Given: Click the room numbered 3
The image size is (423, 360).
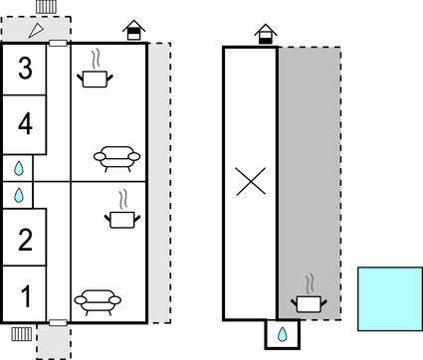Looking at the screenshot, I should point(25,70).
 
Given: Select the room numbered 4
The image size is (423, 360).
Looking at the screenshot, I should point(25,124).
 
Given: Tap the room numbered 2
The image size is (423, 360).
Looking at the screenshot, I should point(25,238).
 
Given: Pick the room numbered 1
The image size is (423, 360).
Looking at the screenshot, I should point(25,294).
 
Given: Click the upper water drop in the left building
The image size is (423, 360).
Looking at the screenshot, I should point(18,169).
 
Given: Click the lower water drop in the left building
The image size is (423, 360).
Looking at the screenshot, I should point(18,193).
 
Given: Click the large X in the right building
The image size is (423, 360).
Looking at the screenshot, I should point(251,182).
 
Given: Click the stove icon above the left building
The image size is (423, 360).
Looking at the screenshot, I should point(132,31).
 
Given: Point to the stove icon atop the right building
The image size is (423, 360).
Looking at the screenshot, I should point(264,35).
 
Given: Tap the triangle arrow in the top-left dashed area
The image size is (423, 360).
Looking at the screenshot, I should point(37,32).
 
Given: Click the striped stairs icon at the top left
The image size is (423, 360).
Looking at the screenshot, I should point(45,7).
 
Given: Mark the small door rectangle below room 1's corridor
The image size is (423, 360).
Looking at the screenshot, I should point(58,322).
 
